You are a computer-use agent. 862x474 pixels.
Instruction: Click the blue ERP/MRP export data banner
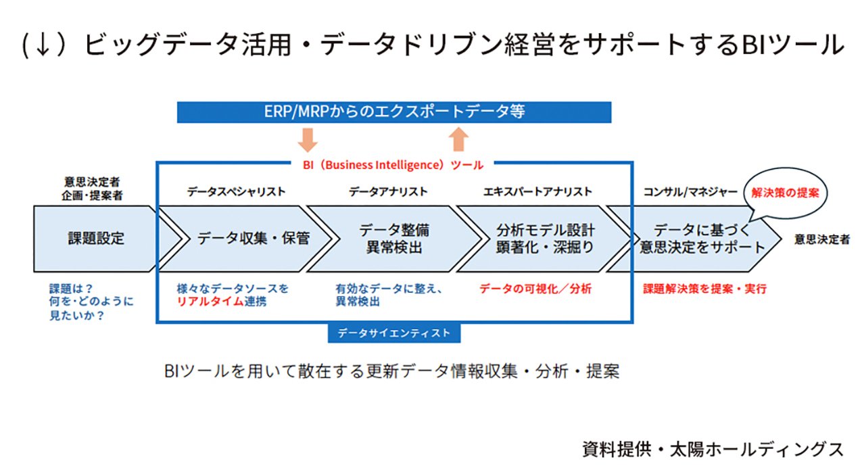[x=393, y=112]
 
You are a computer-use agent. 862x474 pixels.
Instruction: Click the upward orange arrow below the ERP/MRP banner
[x=458, y=139]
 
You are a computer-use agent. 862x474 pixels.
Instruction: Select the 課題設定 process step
[x=96, y=238]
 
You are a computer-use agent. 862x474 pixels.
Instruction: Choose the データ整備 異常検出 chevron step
[x=394, y=239]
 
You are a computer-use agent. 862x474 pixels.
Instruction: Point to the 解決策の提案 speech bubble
[x=785, y=193]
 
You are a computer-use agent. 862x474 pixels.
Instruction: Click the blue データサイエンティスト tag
[x=393, y=333]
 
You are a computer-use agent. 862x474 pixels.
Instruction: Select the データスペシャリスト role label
[x=236, y=192]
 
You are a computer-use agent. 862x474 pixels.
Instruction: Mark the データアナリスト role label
[x=388, y=192]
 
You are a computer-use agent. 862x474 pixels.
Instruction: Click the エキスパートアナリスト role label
[x=537, y=192]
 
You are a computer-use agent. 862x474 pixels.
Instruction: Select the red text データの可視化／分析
[x=535, y=289]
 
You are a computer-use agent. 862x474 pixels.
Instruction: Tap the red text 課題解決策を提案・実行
[x=704, y=289]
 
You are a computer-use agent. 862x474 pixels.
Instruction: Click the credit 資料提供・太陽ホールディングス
[x=713, y=449]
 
